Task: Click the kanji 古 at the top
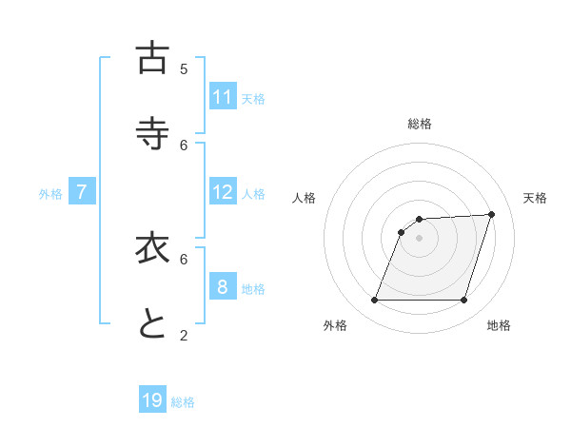pos(152,58)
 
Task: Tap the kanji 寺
pos(152,133)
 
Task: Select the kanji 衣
pos(152,247)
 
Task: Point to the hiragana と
pos(152,323)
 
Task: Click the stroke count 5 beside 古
pos(184,68)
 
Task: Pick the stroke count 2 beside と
pos(184,334)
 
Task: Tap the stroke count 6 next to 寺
pos(184,145)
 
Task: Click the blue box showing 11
pos(223,97)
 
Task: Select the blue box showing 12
pos(223,192)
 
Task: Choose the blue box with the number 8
pos(223,287)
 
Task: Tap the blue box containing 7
pos(82,192)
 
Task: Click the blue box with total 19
pos(152,400)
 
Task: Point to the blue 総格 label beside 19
pos(183,402)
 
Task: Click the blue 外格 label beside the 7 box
pos(50,194)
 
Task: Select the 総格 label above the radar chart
pos(420,124)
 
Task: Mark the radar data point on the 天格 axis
pos(492,214)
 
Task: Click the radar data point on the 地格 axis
pos(463,301)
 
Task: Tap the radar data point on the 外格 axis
pos(375,301)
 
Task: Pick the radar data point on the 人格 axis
pos(402,232)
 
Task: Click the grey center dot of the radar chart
pos(420,238)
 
